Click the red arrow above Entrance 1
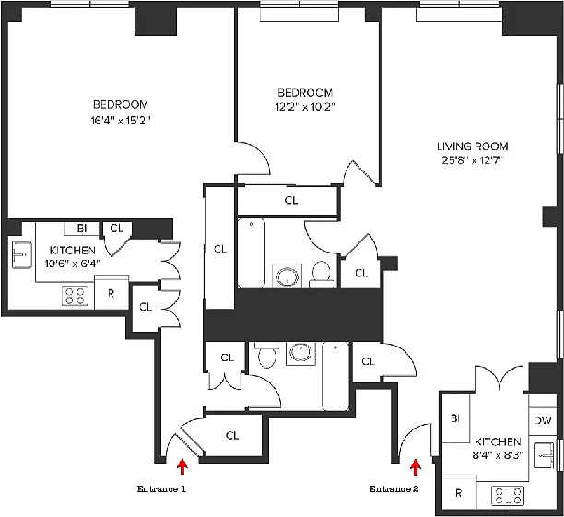pyautogui.click(x=182, y=466)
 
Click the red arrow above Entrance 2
pyautogui.click(x=416, y=467)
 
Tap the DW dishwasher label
pyautogui.click(x=543, y=420)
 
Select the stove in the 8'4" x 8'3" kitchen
pyautogui.click(x=508, y=496)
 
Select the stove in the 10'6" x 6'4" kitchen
pyautogui.click(x=75, y=296)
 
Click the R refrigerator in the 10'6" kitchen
pyautogui.click(x=112, y=293)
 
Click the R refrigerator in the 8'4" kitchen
pyautogui.click(x=459, y=492)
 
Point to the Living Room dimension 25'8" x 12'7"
pyautogui.click(x=472, y=160)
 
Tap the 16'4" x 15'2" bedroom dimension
pyautogui.click(x=120, y=120)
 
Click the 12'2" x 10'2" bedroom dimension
pyautogui.click(x=305, y=107)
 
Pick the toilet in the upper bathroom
pyautogui.click(x=322, y=273)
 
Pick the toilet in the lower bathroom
pyautogui.click(x=266, y=355)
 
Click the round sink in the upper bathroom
pyautogui.click(x=287, y=276)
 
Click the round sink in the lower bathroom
pyautogui.click(x=300, y=354)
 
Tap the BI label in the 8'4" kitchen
pyautogui.click(x=455, y=418)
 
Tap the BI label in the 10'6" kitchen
pyautogui.click(x=82, y=229)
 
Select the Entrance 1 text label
pyautogui.click(x=161, y=489)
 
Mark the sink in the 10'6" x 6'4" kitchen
pyautogui.click(x=22, y=254)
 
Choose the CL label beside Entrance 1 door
pyautogui.click(x=232, y=435)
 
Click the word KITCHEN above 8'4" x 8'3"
pyautogui.click(x=498, y=441)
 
